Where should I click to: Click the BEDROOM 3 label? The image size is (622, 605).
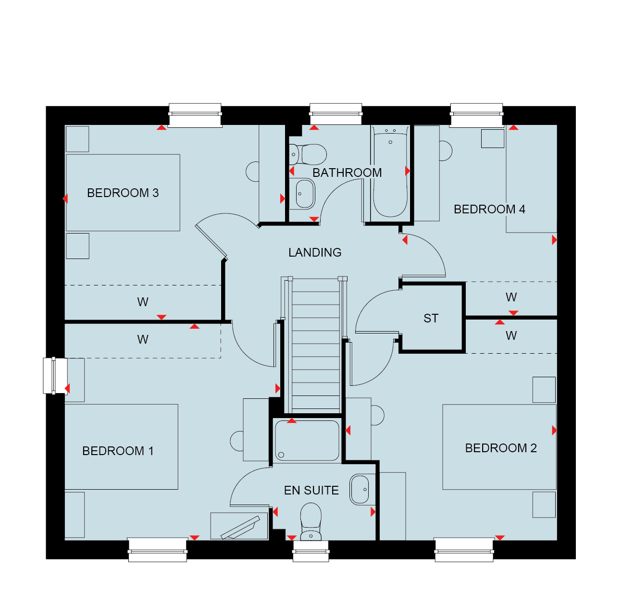pyautogui.click(x=123, y=193)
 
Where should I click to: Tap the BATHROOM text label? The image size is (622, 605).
pyautogui.click(x=347, y=173)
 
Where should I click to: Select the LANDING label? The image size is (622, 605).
pyautogui.click(x=315, y=252)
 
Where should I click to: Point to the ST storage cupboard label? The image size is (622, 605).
pyautogui.click(x=431, y=318)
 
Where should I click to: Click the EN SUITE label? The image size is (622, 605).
pyautogui.click(x=311, y=491)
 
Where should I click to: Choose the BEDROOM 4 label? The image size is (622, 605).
pyautogui.click(x=489, y=210)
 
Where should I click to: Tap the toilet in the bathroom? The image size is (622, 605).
pyautogui.click(x=308, y=155)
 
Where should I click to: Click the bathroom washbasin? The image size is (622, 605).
pyautogui.click(x=305, y=194)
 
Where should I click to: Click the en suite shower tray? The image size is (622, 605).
pyautogui.click(x=307, y=441)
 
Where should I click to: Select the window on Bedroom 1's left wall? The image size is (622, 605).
pyautogui.click(x=55, y=376)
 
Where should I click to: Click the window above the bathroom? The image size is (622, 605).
pyautogui.click(x=336, y=114)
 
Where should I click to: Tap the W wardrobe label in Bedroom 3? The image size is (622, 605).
pyautogui.click(x=143, y=302)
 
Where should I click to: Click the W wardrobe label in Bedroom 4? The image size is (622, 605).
pyautogui.click(x=511, y=297)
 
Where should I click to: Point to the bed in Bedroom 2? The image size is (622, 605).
pyautogui.click(x=499, y=447)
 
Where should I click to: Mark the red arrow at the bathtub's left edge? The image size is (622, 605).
pyautogui.click(x=407, y=171)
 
